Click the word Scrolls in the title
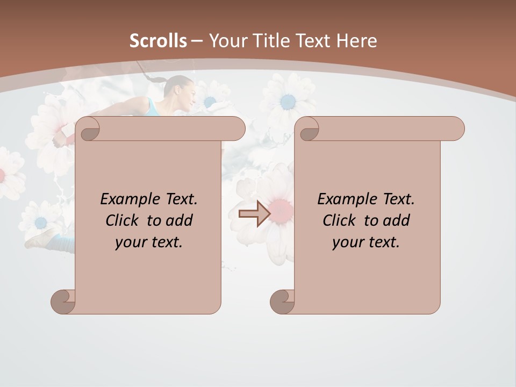click(158, 41)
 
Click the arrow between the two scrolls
click(254, 214)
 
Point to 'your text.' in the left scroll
click(149, 242)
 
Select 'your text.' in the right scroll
click(366, 242)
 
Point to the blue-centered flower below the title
click(288, 101)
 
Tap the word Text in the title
click(313, 41)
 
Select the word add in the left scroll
click(180, 220)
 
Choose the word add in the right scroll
click(397, 220)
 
